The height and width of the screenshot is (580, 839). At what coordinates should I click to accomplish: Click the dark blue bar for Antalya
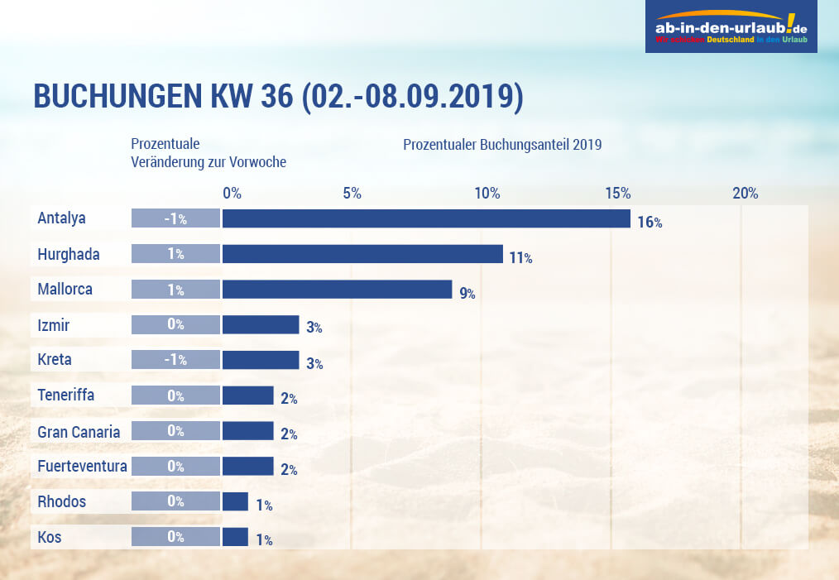coord(426,218)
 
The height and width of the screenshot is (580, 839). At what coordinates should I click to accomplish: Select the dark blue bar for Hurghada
coord(362,254)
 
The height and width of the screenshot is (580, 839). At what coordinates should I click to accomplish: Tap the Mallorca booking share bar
coord(337,290)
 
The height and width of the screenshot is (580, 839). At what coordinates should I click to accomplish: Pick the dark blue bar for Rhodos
coord(235,501)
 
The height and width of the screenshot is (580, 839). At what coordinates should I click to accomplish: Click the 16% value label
coord(650,222)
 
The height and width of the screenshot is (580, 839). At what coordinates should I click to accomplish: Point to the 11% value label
coord(520,257)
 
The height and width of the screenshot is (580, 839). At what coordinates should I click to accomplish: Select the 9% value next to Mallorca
coord(467,293)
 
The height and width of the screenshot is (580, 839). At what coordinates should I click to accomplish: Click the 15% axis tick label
coord(617,194)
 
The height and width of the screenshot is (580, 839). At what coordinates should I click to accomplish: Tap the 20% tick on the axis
coord(745,194)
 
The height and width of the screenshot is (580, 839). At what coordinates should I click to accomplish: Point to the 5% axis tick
coord(352,194)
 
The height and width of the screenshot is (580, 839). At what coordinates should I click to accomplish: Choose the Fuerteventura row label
coord(82,467)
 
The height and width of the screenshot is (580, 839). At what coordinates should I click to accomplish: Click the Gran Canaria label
coord(79,431)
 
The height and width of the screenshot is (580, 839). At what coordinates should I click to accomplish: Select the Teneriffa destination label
coord(66,395)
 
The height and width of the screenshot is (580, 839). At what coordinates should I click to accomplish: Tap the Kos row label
coord(49,537)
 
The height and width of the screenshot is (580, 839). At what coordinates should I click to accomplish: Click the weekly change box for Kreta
coord(175,360)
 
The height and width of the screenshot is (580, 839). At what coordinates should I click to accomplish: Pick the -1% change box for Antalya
coord(175,218)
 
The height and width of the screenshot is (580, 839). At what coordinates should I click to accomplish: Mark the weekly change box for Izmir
coord(175,324)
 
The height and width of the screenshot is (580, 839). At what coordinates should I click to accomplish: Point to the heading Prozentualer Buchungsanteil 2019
coord(502,145)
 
